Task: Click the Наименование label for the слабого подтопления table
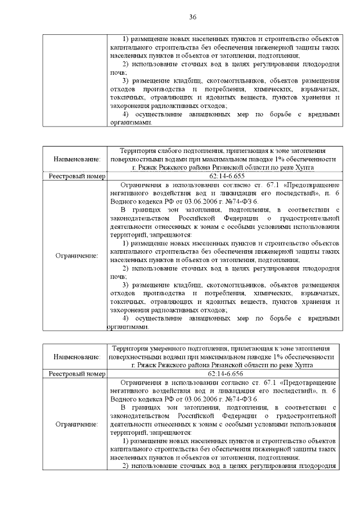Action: [x=76, y=159]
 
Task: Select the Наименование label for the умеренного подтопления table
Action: [x=76, y=357]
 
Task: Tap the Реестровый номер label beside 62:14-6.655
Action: [x=76, y=176]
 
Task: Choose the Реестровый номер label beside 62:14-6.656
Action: [x=76, y=373]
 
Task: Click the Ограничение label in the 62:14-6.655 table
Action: [x=76, y=255]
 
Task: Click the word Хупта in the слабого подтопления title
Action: [x=303, y=168]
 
